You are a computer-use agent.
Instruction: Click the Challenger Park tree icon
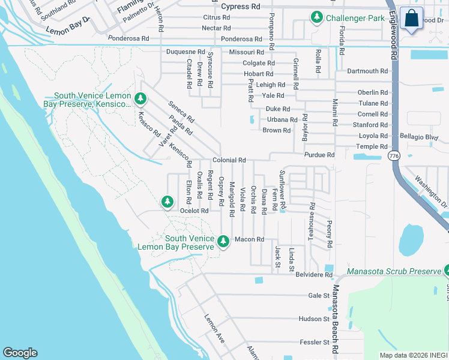317,18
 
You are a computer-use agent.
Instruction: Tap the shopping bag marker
412,18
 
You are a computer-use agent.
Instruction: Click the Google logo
20,353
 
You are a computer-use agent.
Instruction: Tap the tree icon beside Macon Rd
223,241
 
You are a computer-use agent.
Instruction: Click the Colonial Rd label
229,161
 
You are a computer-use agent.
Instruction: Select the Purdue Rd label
319,155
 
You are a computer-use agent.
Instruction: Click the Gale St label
319,295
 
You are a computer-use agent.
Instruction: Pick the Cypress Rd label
241,7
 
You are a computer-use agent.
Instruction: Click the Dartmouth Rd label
367,71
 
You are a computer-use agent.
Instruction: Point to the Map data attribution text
414,355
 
